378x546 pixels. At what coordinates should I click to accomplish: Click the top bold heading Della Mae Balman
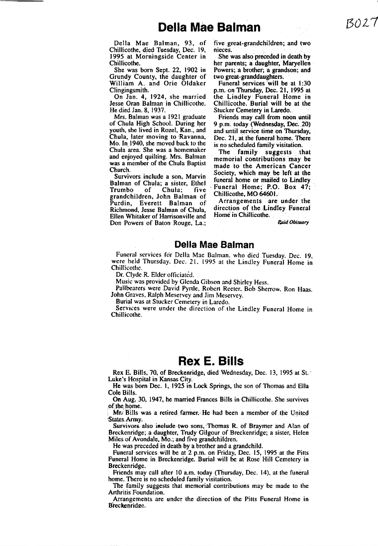[x=209, y=27]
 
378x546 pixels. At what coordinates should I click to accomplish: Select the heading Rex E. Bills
[x=211, y=360]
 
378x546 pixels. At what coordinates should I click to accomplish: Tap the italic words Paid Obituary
[x=293, y=222]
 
